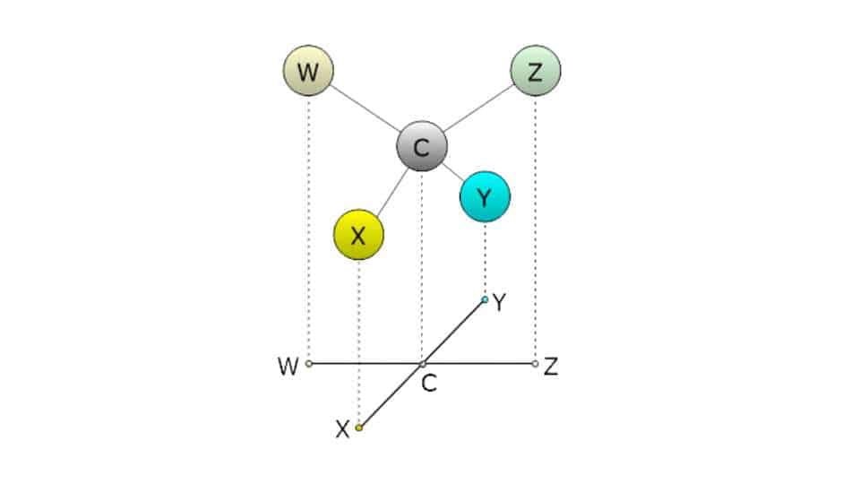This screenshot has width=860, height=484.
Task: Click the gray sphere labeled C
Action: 422,146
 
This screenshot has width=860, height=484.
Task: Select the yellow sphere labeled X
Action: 358,235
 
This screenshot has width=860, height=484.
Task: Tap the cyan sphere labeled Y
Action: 485,197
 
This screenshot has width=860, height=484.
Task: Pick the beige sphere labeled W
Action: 307,72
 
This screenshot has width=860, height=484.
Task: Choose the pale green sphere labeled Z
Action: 535,72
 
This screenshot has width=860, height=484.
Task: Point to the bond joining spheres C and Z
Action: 477,108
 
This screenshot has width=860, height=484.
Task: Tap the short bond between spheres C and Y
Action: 451,170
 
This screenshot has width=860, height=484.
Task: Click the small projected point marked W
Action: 308,364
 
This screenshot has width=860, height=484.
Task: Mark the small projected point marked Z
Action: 535,364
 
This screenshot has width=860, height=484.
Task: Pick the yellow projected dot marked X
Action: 358,428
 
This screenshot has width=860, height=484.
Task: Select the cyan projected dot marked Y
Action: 485,299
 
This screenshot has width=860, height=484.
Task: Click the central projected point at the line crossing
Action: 422,364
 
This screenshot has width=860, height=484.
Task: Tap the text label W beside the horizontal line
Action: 288,367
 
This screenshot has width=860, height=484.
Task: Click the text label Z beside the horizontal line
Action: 551,367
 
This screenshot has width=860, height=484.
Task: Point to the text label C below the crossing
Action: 429,385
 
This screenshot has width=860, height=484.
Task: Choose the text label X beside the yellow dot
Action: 342,431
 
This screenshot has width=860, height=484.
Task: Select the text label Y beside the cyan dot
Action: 500,304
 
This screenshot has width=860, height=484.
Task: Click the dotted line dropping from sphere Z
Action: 535,224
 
